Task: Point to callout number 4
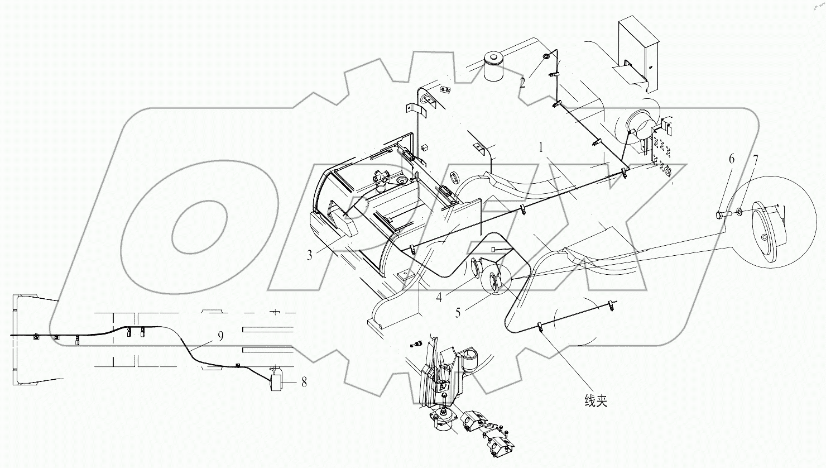point(440,298)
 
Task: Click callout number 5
point(458,313)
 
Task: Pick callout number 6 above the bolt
point(732,159)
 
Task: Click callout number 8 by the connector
point(304,383)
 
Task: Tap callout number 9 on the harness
point(220,336)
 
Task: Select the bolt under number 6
point(722,213)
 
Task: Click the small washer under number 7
point(739,212)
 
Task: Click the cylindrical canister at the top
point(493,67)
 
